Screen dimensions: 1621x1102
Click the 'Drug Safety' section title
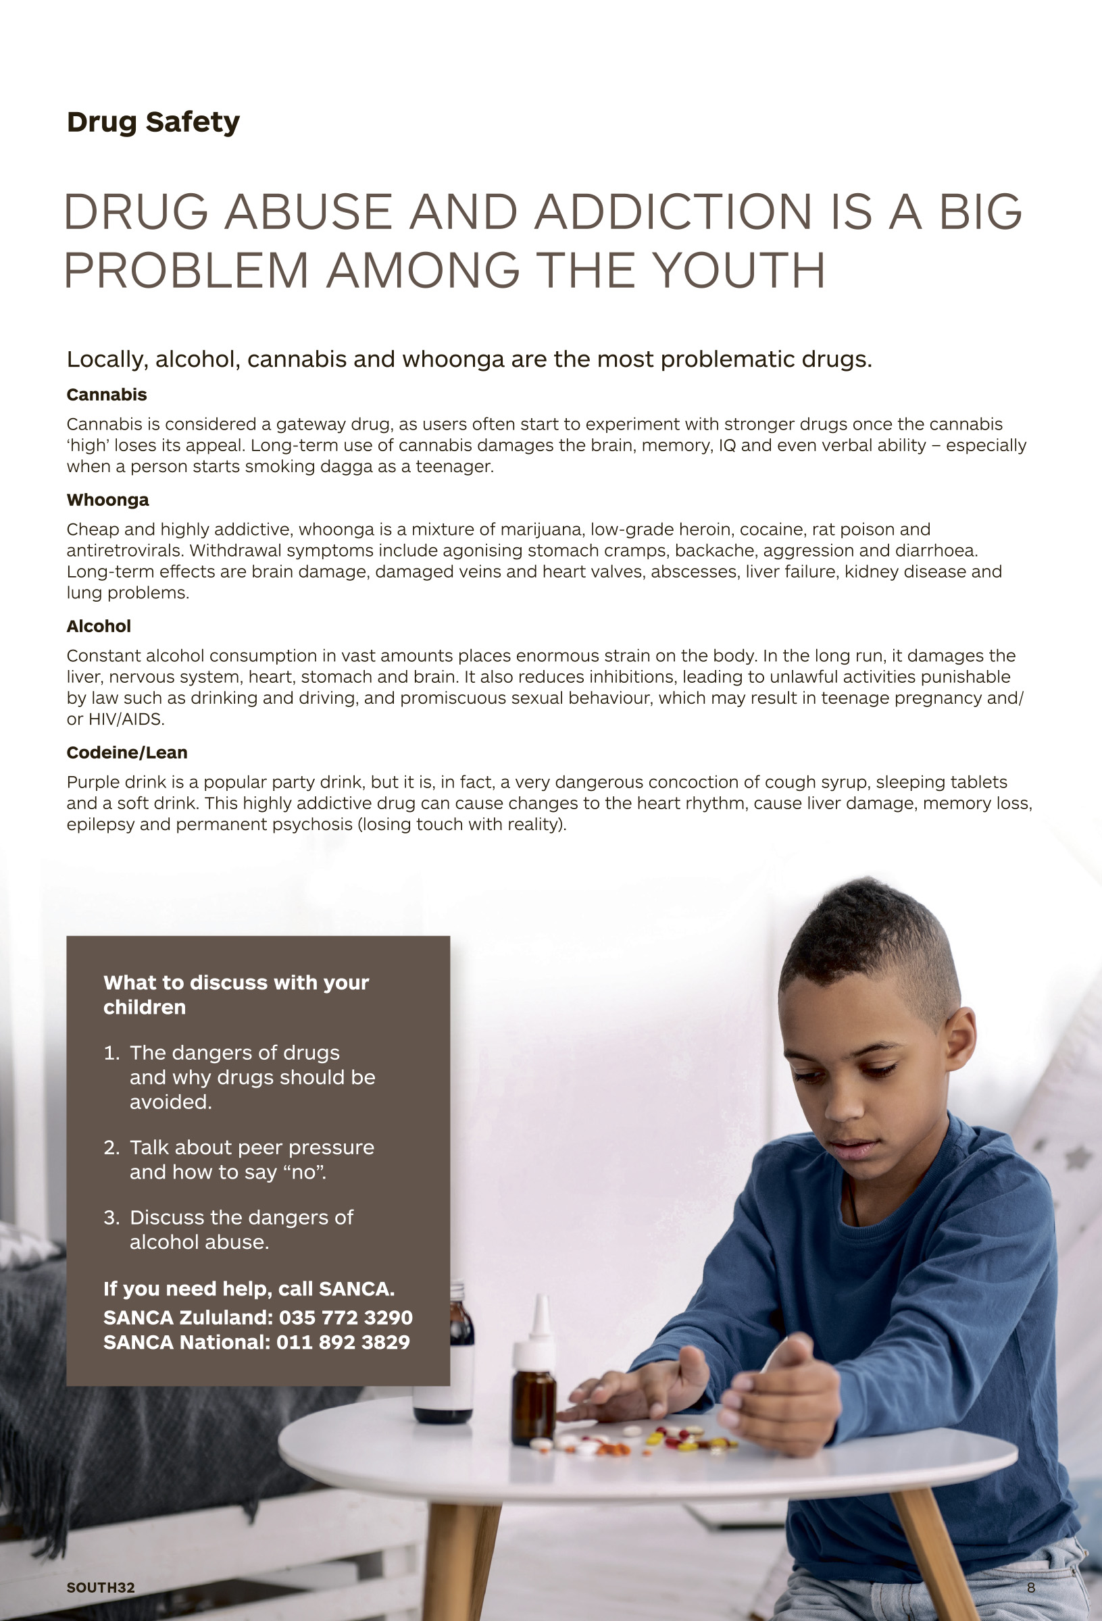(153, 122)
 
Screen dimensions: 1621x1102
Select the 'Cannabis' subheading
(106, 395)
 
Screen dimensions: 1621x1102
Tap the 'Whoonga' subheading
(107, 500)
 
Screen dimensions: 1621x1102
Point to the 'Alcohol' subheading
(99, 626)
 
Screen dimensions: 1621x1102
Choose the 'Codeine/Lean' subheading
(126, 752)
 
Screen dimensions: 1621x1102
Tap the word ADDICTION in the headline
(673, 212)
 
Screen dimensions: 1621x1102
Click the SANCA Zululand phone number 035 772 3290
(345, 1318)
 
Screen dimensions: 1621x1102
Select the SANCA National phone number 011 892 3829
(343, 1342)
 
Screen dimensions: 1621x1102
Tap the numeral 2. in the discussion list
(111, 1148)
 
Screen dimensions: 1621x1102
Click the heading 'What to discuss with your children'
(236, 995)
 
